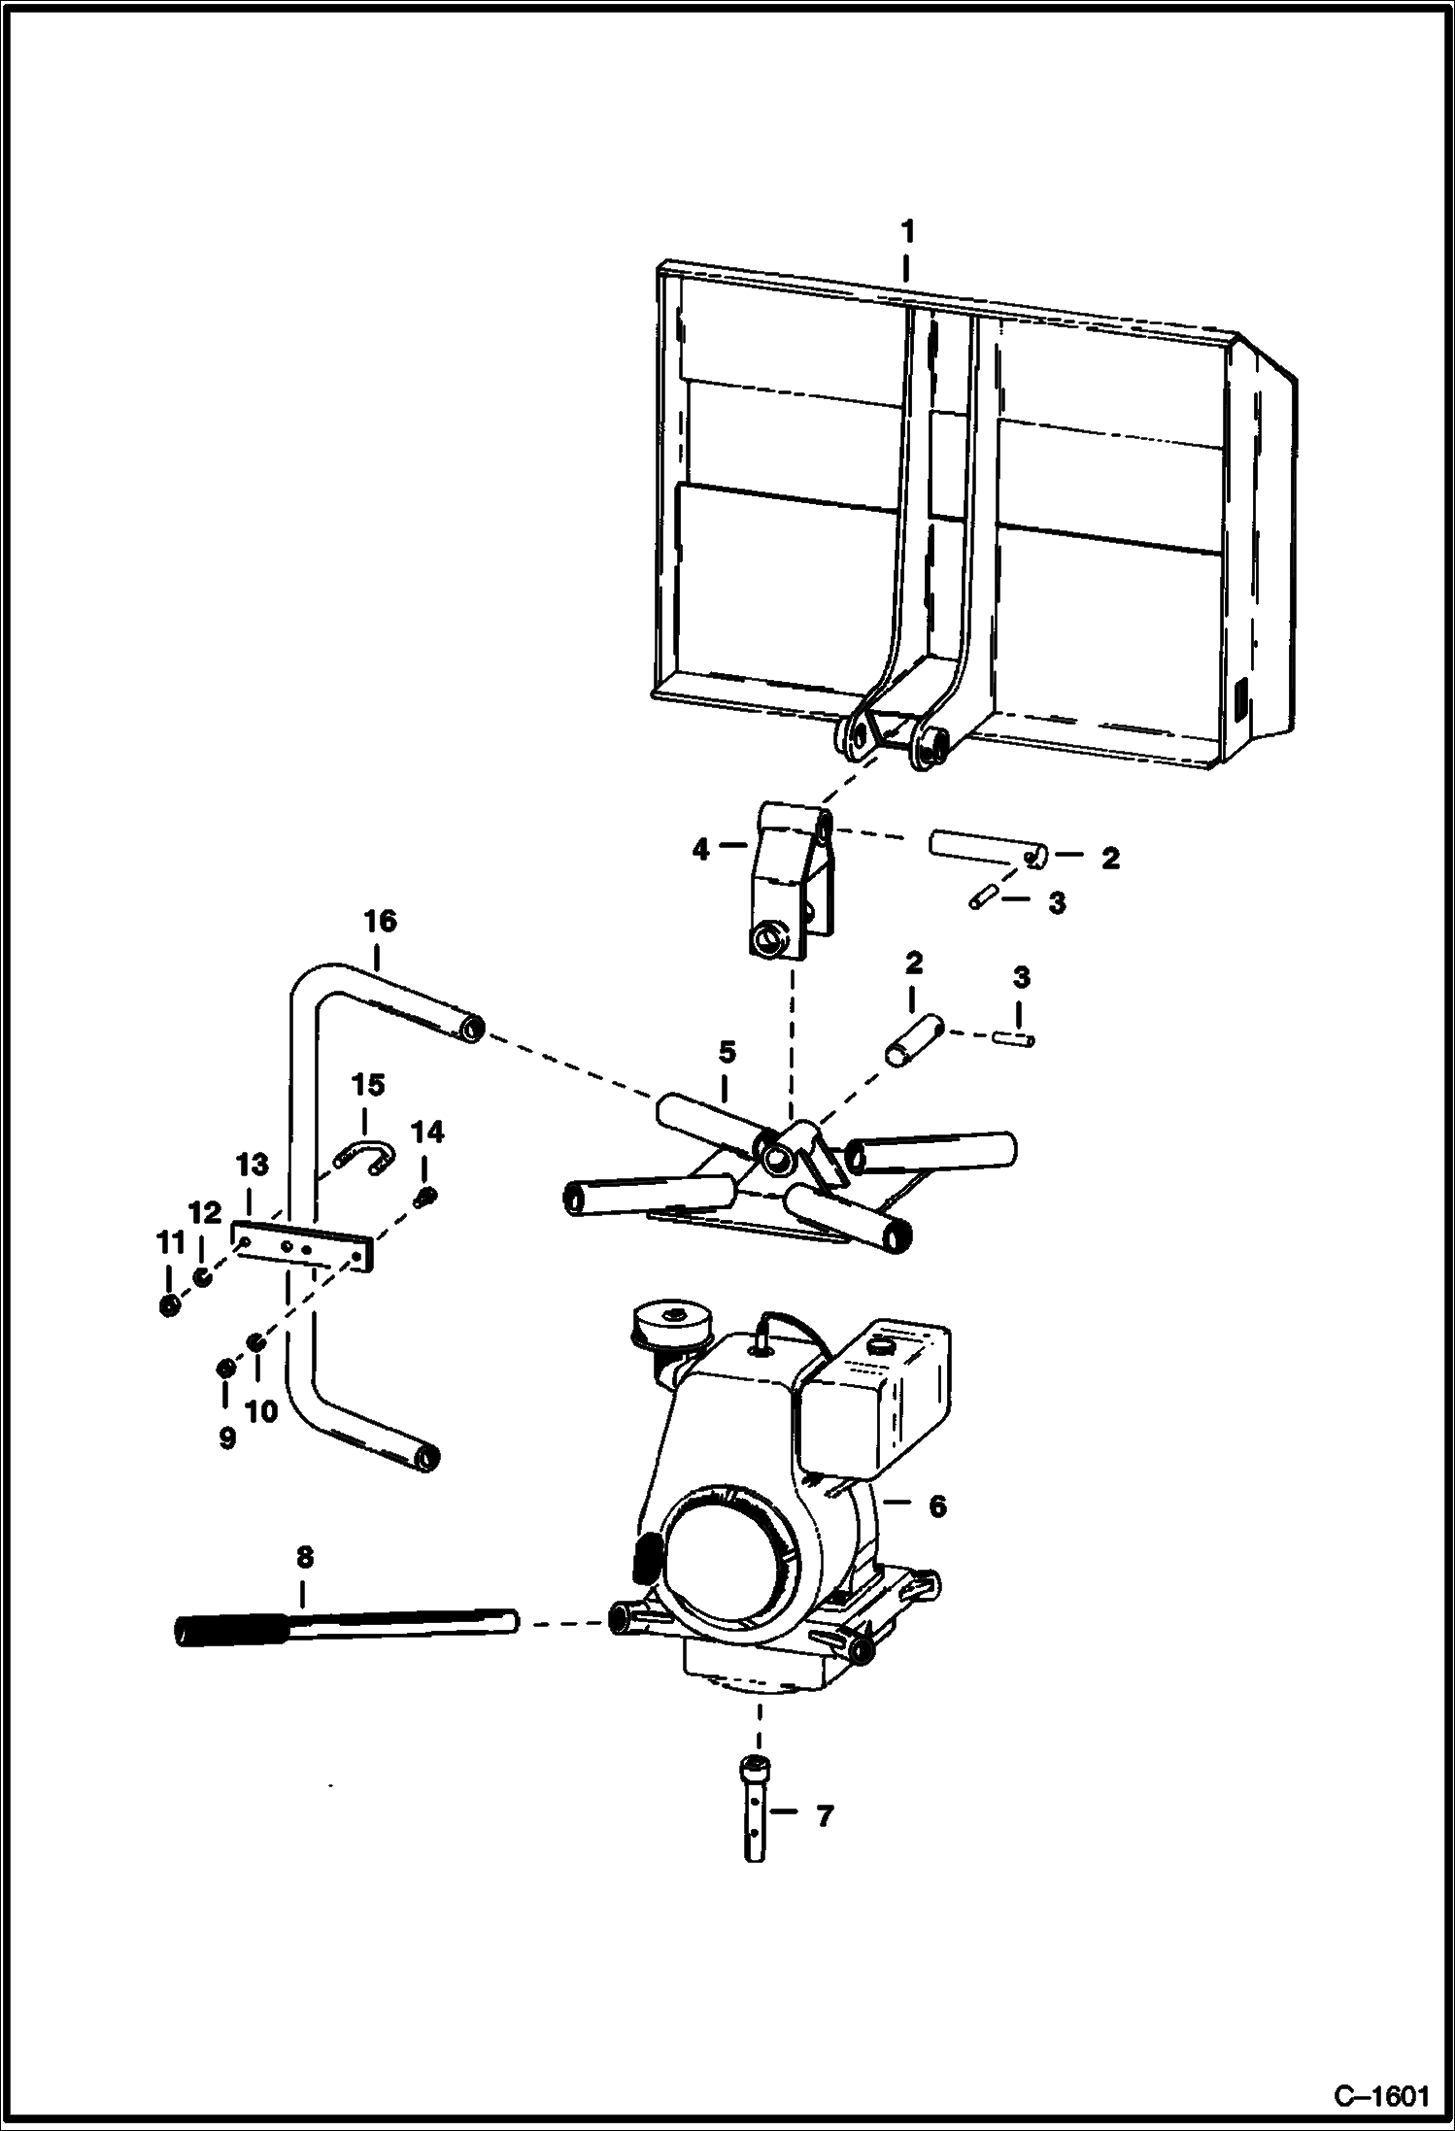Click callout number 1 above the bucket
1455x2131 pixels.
[906, 233]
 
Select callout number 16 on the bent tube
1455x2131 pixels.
[380, 921]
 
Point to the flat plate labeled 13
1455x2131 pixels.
[303, 1246]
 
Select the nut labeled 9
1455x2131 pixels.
[224, 1369]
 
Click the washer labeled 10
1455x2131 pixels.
[256, 1342]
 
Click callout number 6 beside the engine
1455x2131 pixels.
[936, 1506]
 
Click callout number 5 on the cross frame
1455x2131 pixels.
[727, 1052]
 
